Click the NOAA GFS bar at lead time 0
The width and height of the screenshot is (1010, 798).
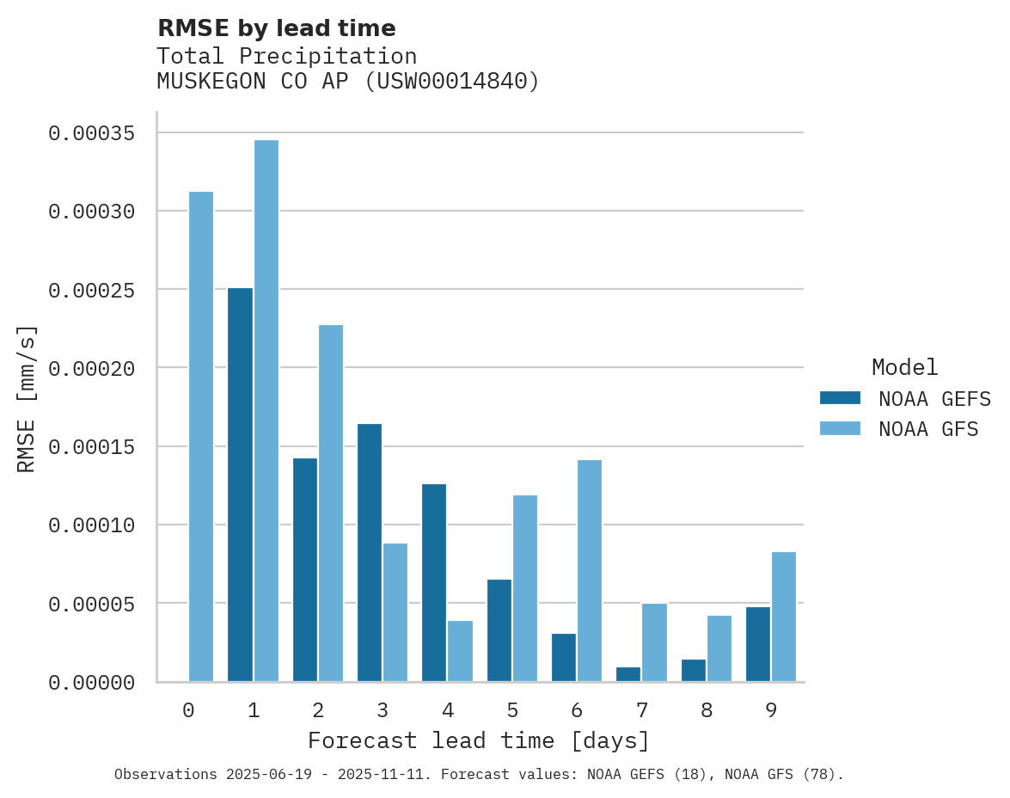coord(201,437)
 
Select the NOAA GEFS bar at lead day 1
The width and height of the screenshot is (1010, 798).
coord(240,485)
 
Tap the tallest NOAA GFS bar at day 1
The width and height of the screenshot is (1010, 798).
coord(266,411)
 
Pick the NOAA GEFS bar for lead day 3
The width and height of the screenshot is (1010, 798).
coord(370,553)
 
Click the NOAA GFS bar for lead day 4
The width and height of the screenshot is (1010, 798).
coord(460,651)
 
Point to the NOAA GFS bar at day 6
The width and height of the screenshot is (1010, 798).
coord(590,571)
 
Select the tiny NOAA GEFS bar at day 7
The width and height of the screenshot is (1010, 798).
coord(628,675)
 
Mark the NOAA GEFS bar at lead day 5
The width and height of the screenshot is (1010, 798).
coord(499,630)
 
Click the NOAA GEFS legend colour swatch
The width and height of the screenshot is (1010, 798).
coord(840,397)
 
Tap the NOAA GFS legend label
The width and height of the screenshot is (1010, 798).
coord(928,428)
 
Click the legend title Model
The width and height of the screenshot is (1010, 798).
coord(904,367)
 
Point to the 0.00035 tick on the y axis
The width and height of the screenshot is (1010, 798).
coord(92,133)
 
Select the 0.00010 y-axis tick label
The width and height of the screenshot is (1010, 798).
coord(92,525)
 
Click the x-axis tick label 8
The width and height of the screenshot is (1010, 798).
coord(707,710)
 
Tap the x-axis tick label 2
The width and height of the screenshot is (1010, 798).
coord(318,710)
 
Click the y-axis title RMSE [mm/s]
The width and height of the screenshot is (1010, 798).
coord(27,398)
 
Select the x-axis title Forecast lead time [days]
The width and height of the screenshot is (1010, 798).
coord(479,740)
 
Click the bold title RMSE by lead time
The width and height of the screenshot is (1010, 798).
coord(277,28)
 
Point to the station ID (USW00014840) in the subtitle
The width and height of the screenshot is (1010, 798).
coord(453,82)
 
